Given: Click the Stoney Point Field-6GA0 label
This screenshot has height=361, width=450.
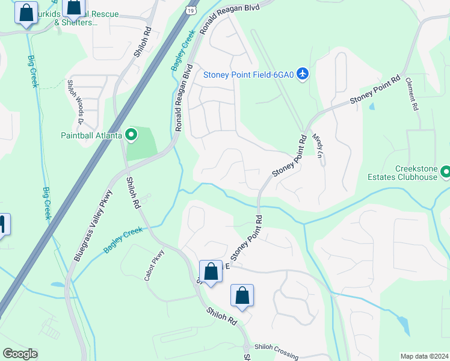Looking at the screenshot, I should click(247, 75).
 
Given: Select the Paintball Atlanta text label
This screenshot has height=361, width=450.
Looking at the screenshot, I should click(91, 135).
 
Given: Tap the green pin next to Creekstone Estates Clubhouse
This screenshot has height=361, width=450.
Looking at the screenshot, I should click(445, 173).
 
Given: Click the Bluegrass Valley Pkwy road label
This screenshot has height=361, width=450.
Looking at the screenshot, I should click(94, 226).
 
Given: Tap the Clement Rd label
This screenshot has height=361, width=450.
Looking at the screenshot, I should click(411, 94).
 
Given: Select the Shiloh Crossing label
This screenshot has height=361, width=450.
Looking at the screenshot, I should click(276, 351).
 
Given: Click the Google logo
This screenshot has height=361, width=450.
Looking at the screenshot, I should click(20, 353).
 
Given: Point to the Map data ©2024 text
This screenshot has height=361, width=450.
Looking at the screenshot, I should click(424, 356).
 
